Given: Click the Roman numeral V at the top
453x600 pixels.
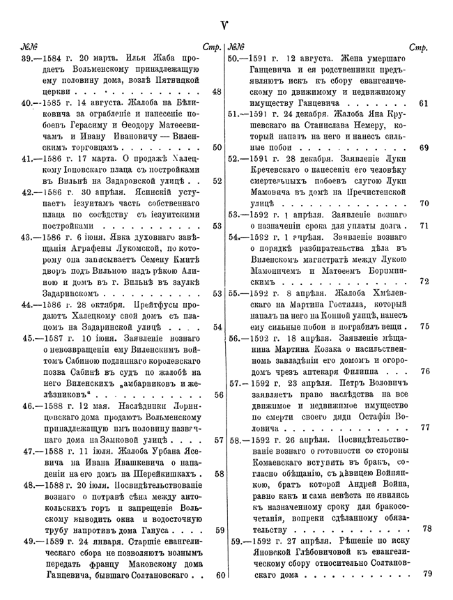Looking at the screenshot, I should tap(225, 27).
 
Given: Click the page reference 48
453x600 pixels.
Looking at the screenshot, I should tap(217, 91).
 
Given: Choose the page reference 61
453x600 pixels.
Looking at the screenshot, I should tap(424, 102).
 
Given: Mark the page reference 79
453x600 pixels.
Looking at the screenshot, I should tap(428, 574).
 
